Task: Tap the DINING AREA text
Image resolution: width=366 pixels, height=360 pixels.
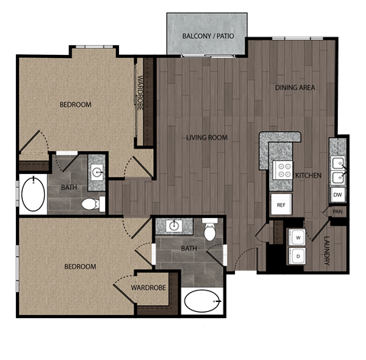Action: click(x=295, y=88)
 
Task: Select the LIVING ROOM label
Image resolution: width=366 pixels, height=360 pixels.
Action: click(x=207, y=137)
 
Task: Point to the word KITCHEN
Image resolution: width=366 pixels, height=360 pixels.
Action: click(x=308, y=175)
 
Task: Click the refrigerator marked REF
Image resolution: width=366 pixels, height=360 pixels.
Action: click(x=281, y=204)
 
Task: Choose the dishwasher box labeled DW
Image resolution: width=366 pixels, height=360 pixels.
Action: click(x=337, y=194)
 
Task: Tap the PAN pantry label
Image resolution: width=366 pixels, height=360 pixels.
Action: click(x=336, y=211)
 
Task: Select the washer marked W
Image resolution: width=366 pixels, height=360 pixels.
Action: click(x=297, y=237)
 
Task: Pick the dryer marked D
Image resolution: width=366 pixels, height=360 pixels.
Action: click(x=297, y=257)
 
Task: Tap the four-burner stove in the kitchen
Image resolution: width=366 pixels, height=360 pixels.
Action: click(x=283, y=169)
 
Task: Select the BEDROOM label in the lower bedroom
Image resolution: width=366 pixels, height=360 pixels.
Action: click(x=80, y=266)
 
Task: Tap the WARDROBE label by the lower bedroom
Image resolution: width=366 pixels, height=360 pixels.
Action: click(x=144, y=288)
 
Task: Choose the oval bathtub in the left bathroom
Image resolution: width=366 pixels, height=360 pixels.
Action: click(x=32, y=194)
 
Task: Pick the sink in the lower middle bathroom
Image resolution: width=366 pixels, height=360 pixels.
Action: click(x=174, y=226)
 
